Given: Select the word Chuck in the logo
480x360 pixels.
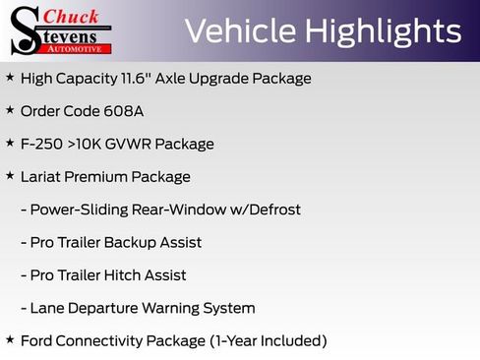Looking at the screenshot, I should coord(74,18).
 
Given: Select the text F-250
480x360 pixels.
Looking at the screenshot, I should coord(42,144).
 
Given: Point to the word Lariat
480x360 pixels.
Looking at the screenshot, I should coord(42,177).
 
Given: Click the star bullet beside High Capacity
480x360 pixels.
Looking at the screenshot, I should coord(10,77).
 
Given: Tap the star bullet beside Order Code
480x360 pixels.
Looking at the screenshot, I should coord(10,110).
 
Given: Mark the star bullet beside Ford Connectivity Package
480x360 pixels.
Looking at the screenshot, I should coord(10,340).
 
